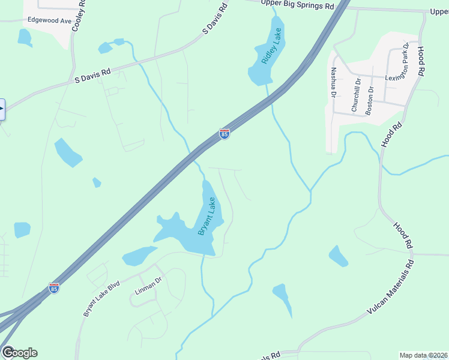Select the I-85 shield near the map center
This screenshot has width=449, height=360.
click(224, 134)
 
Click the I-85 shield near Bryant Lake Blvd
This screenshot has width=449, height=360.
click(54, 289)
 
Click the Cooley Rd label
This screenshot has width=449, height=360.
click(78, 17)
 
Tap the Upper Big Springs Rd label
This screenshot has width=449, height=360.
click(298, 5)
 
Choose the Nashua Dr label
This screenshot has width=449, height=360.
click(334, 82)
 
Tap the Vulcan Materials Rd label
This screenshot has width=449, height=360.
click(390, 289)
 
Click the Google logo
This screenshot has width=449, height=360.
click(19, 353)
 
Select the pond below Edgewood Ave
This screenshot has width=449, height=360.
click(24, 38)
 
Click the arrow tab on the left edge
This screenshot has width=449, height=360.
click(2, 109)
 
